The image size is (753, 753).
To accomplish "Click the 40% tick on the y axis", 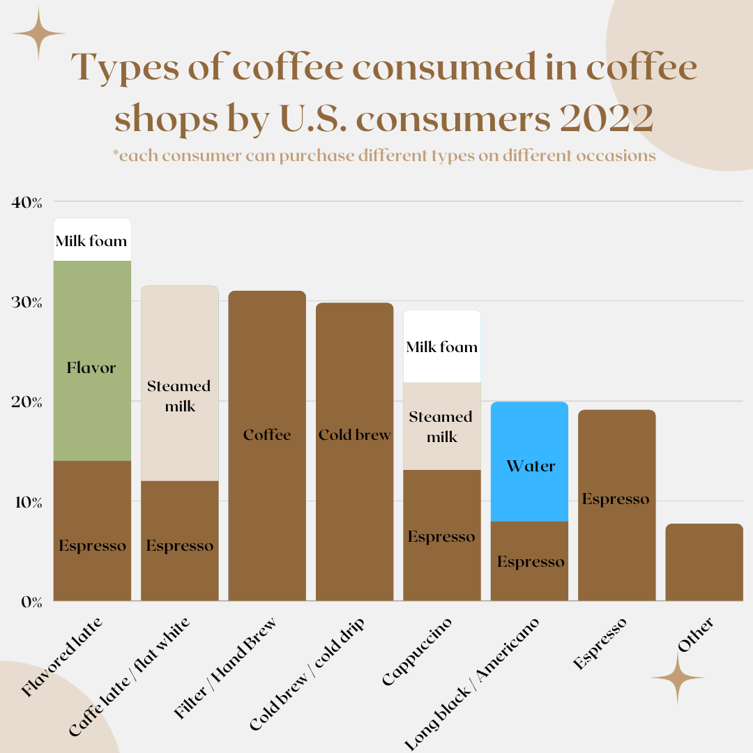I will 27,202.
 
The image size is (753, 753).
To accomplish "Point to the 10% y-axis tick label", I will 27,502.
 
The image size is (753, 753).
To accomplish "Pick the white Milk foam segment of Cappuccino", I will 442,347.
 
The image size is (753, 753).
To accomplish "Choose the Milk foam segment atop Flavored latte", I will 92,240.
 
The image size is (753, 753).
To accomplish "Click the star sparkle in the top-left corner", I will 38,33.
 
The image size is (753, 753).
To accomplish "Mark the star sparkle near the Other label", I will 677,678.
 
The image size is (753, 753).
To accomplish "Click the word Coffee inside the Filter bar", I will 267,435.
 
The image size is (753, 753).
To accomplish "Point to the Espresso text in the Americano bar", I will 531,562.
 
